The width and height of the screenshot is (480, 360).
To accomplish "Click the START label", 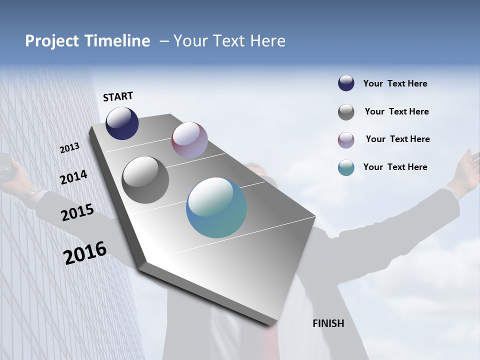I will (x=118, y=96).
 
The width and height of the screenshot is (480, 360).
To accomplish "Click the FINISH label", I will (x=328, y=323).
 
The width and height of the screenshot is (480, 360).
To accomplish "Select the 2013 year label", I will (x=69, y=148).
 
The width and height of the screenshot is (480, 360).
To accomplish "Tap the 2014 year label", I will (x=73, y=177).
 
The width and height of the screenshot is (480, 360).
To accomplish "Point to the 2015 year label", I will (x=77, y=213).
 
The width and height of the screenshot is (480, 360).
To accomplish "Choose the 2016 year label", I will (x=85, y=252).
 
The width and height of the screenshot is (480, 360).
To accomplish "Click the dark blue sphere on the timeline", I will (x=122, y=123).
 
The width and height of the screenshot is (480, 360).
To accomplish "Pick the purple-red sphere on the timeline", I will (x=189, y=140).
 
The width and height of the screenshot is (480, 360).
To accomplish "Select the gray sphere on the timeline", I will (x=145, y=180).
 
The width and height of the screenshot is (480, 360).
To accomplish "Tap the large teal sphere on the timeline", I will (x=216, y=207).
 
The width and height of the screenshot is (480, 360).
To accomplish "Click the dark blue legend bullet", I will (x=346, y=83).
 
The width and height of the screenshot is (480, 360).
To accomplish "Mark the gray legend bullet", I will (x=346, y=112).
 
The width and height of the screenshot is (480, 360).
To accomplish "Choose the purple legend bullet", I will (x=346, y=140).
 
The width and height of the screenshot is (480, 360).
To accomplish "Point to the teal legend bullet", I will (x=346, y=167).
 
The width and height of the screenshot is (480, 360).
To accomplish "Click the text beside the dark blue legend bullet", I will (x=395, y=83).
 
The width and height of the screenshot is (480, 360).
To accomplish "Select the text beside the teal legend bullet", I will (x=395, y=167).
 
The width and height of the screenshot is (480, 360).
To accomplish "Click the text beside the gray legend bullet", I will (x=396, y=111).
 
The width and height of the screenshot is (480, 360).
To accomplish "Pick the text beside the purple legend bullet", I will (x=397, y=139).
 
